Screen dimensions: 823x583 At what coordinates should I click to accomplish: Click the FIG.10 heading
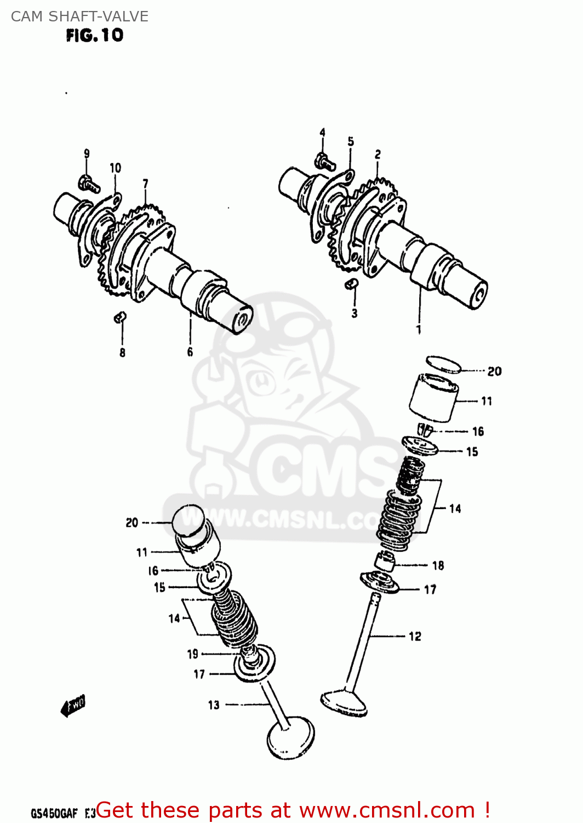95,36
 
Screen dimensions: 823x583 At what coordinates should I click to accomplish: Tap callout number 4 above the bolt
322,133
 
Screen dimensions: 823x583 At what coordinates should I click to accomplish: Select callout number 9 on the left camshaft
87,154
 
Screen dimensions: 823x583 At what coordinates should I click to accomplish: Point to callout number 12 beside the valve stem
415,636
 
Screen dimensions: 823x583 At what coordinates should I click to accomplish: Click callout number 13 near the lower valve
214,705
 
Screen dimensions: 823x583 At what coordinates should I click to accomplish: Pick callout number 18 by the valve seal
438,566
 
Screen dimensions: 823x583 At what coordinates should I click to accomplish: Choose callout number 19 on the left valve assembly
193,654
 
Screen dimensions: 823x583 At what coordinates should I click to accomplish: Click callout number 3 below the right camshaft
355,313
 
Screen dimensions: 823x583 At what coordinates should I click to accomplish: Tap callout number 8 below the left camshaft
122,353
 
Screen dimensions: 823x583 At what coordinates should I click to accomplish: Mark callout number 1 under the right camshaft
419,330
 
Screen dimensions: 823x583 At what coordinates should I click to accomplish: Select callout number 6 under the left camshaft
190,352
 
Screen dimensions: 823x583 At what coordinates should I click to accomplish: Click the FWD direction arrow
73,706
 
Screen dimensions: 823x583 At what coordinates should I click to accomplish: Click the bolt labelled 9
88,183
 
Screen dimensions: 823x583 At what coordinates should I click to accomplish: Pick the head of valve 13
291,738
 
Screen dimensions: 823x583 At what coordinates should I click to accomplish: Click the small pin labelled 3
351,283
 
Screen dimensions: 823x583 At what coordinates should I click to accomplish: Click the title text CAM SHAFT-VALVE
79,16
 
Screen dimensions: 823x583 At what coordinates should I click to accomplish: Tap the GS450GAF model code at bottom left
54,813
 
